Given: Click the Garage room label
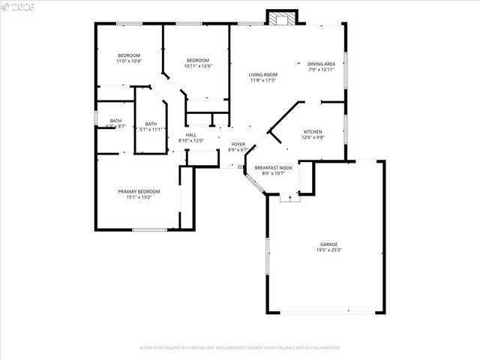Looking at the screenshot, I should point(328,244).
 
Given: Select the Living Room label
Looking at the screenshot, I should point(263,75).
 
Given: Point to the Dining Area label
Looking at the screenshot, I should point(321,64).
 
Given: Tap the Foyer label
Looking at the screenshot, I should point(238,144).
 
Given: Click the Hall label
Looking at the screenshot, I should point(190,135).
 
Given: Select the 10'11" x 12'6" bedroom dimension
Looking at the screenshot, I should point(198,66).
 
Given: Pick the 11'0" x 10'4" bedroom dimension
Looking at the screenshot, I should point(129,61).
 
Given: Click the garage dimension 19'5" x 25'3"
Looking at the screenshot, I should point(328,250).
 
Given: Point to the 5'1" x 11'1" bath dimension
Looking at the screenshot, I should point(151,130).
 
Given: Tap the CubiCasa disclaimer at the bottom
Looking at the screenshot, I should point(240,348).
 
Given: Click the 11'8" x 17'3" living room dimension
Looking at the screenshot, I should point(263,80).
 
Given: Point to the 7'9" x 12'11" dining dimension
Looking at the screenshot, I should point(321,70).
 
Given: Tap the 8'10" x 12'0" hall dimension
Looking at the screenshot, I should point(190,140).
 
